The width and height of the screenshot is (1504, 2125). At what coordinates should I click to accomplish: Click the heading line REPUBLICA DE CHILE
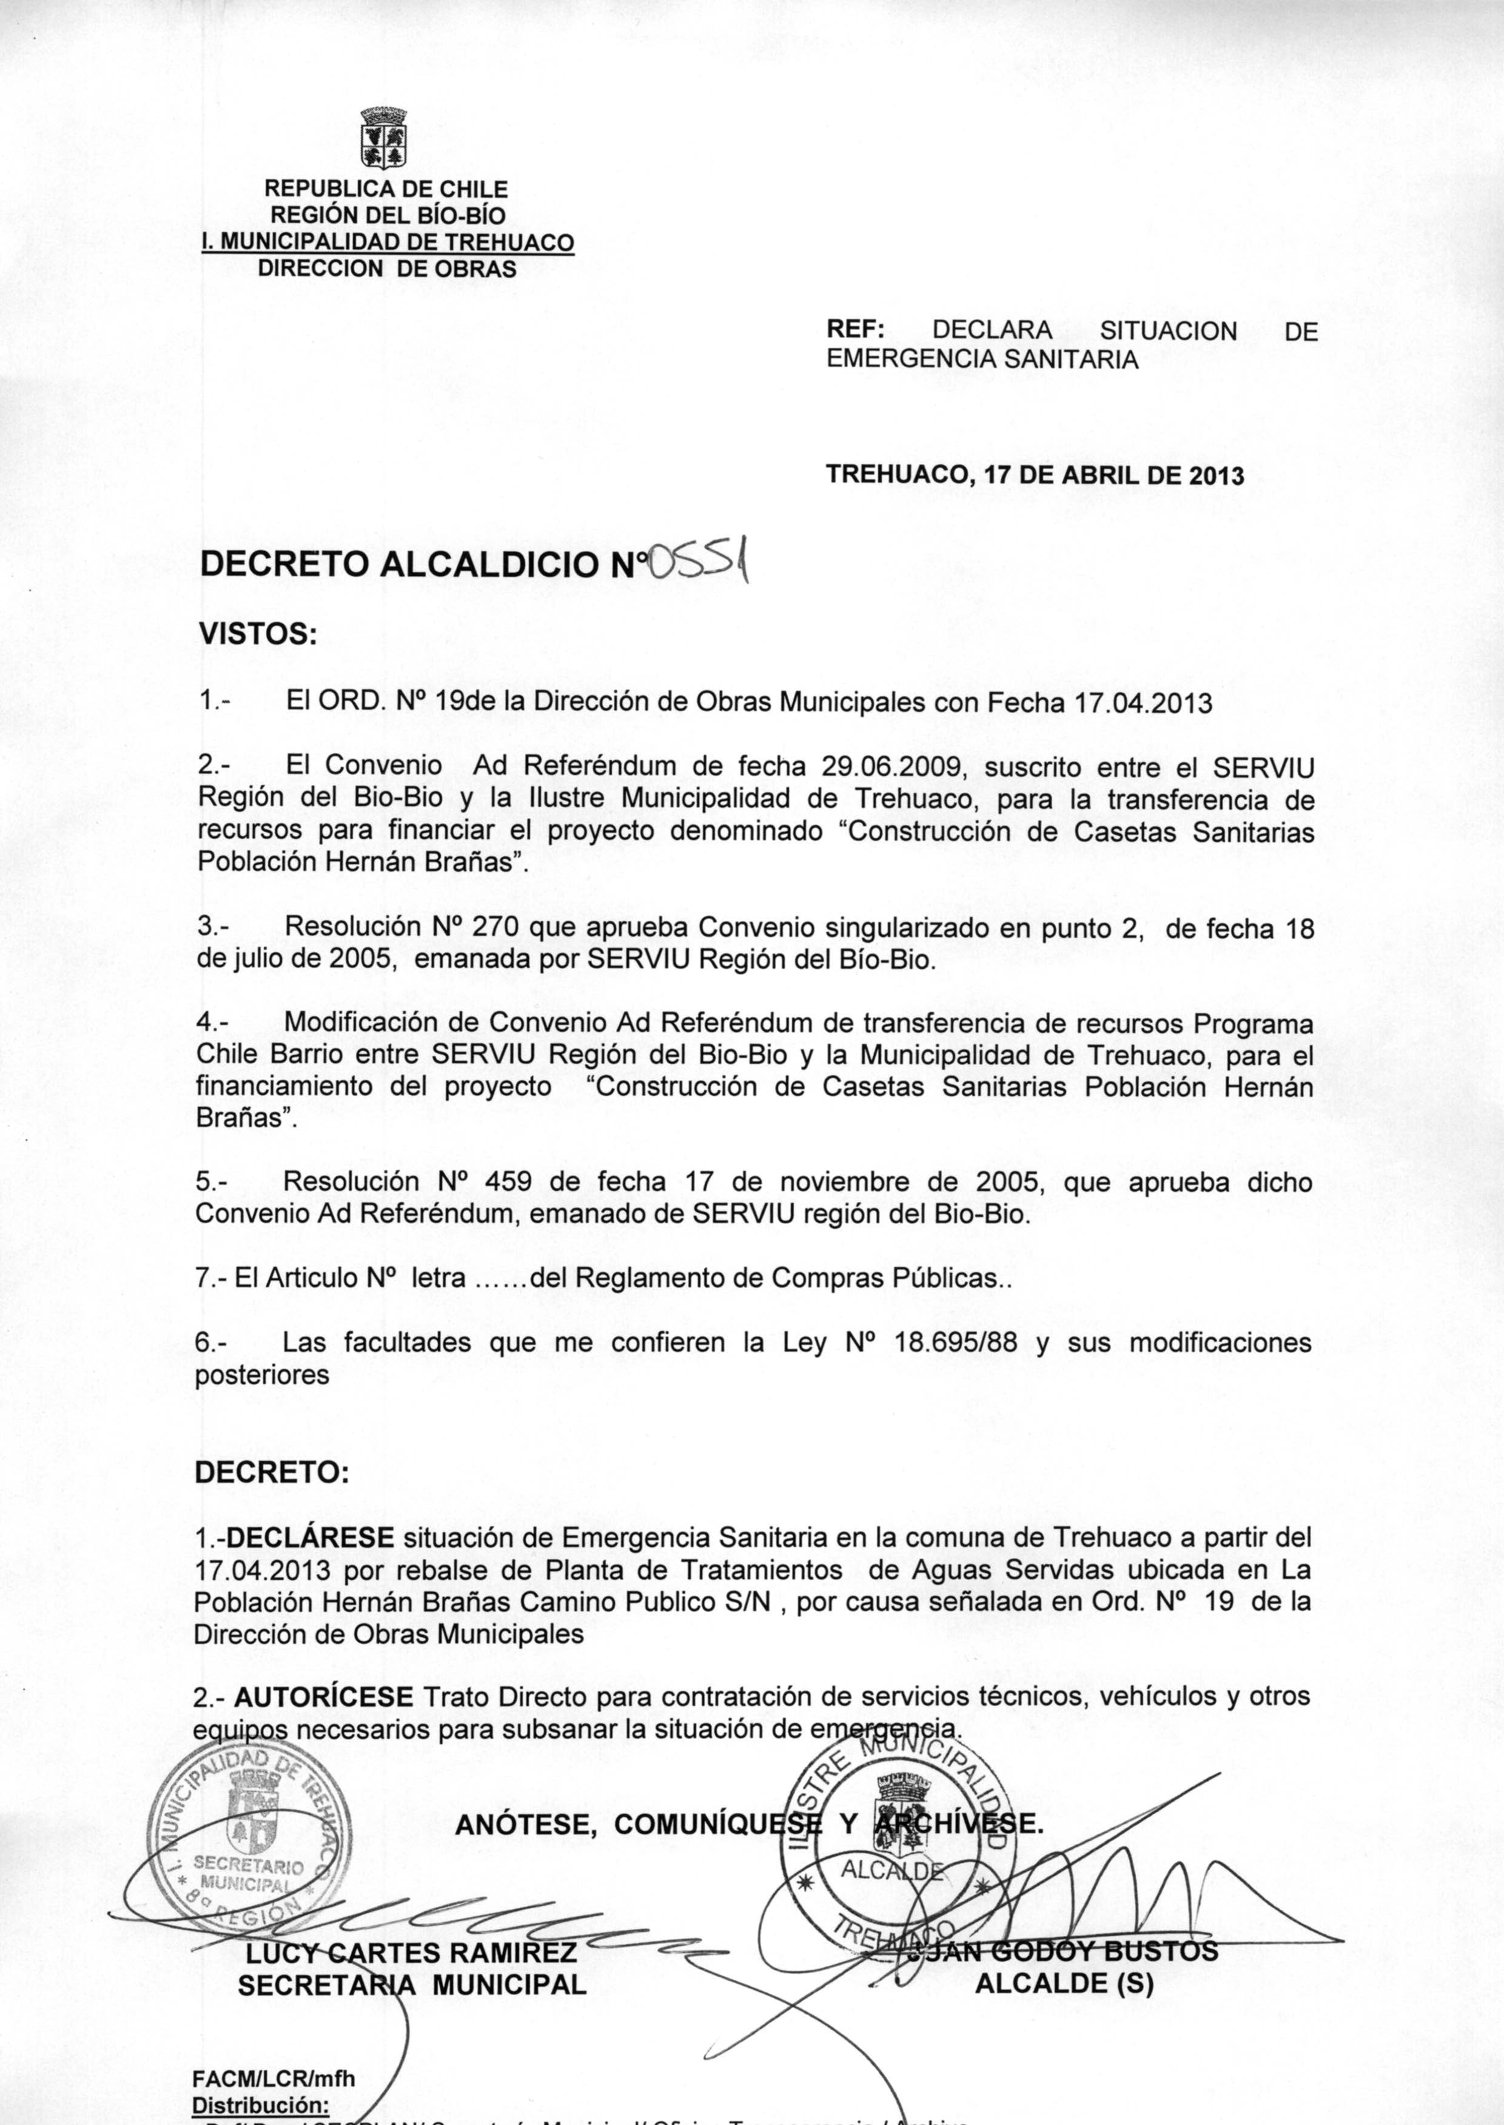tap(386, 189)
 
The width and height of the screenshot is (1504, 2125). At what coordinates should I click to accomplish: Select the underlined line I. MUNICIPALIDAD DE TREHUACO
tap(387, 243)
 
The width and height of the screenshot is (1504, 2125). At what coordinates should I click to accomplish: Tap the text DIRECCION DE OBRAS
tap(386, 269)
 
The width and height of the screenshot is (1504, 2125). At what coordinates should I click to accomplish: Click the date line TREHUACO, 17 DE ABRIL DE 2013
tap(1035, 476)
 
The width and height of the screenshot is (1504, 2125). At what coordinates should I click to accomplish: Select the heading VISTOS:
tap(258, 634)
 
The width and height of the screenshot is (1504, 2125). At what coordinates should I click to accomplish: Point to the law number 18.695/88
tap(956, 1343)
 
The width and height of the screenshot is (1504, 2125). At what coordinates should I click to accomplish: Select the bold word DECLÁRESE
tap(311, 1538)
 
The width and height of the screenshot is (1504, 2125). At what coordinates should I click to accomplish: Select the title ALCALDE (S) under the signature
tap(1064, 1984)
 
